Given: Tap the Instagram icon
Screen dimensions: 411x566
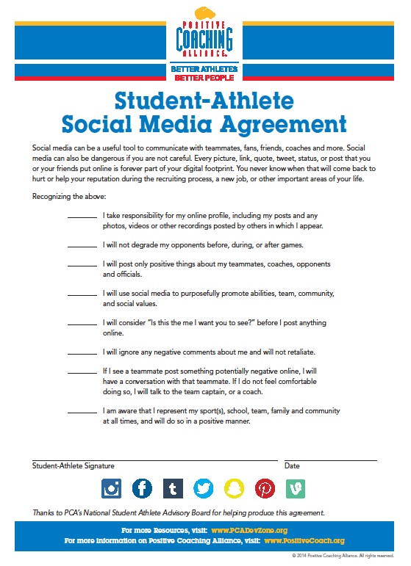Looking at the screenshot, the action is pyautogui.click(x=112, y=488).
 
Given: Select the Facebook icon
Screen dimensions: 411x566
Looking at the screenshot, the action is pyautogui.click(x=142, y=488).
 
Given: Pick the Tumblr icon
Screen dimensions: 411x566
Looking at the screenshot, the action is pyautogui.click(x=173, y=488).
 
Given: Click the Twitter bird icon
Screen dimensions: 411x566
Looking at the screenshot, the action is pyautogui.click(x=204, y=488).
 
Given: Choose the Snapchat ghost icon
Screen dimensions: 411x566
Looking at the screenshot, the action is pyautogui.click(x=235, y=488).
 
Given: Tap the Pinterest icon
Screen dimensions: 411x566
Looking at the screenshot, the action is pyautogui.click(x=265, y=488).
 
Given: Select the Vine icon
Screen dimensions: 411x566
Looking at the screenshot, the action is pyautogui.click(x=296, y=488).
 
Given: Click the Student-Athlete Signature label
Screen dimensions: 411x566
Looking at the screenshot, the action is pyautogui.click(x=73, y=466).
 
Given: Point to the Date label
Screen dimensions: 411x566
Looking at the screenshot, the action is pyautogui.click(x=292, y=466).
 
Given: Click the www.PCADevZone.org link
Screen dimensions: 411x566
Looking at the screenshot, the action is pyautogui.click(x=249, y=530).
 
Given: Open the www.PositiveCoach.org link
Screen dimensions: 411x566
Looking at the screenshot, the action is pyautogui.click(x=303, y=541).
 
